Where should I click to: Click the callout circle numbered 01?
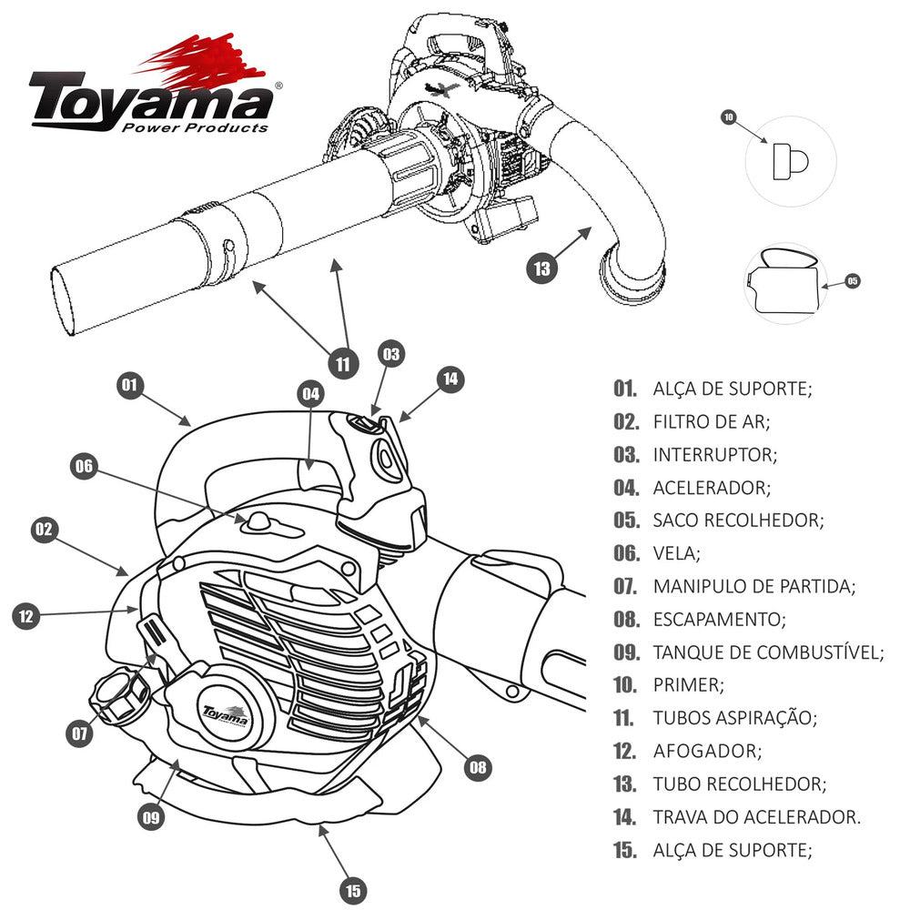pyautogui.click(x=130, y=385)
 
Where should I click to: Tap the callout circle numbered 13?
pyautogui.click(x=542, y=268)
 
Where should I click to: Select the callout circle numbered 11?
pyautogui.click(x=342, y=364)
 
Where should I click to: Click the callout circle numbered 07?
pyautogui.click(x=82, y=733)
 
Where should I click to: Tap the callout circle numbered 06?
pyautogui.click(x=84, y=466)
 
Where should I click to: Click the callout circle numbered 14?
pyautogui.click(x=450, y=379)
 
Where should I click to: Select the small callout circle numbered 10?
pyautogui.click(x=728, y=117)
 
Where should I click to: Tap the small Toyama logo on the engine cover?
pyautogui.click(x=224, y=713)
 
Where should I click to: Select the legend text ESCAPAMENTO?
pyautogui.click(x=719, y=620)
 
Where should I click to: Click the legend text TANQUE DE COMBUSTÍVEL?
pyautogui.click(x=768, y=652)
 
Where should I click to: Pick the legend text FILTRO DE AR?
pyautogui.click(x=711, y=421)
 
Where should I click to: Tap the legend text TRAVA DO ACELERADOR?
pyautogui.click(x=756, y=816)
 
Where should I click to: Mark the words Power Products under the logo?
pyautogui.click(x=195, y=127)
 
